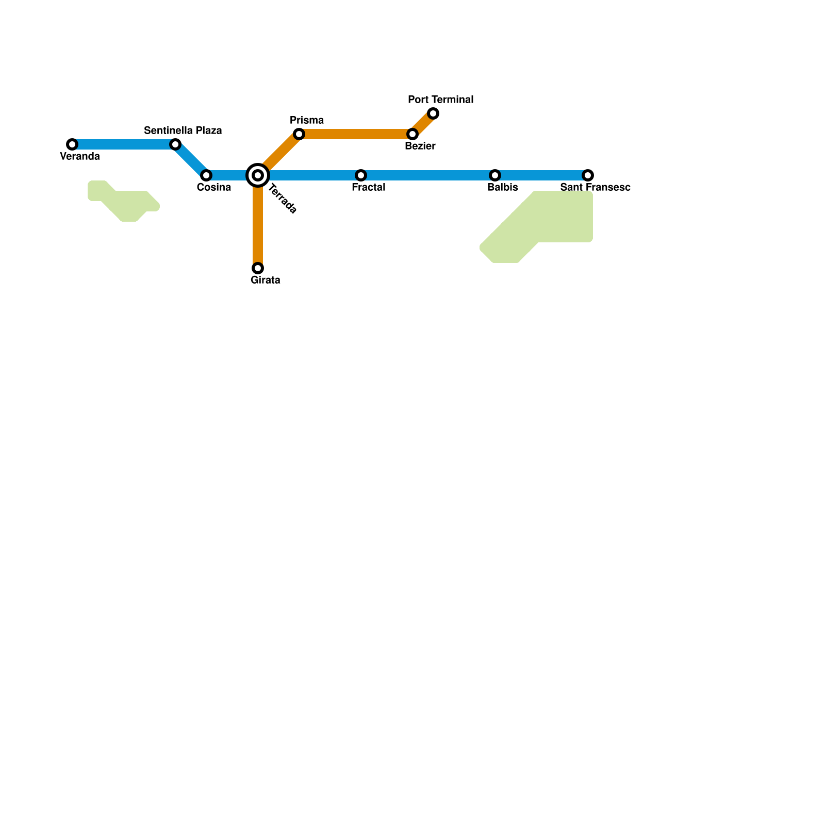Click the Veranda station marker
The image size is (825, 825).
click(72, 144)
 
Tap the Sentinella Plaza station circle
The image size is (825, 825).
click(175, 144)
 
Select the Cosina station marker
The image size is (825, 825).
click(206, 175)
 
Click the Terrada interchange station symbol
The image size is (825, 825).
click(258, 175)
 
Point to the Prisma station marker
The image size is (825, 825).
click(299, 134)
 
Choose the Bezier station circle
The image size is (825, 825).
click(412, 134)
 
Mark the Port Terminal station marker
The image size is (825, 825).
click(433, 113)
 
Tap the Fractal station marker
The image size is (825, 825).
click(361, 175)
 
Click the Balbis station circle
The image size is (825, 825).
click(495, 175)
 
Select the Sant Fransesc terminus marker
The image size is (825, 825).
click(588, 175)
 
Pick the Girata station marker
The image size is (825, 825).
click(258, 268)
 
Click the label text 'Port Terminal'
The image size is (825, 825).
click(440, 100)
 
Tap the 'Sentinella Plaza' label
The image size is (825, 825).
click(183, 130)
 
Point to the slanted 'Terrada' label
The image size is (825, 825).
click(283, 199)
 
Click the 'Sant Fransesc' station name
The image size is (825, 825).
click(595, 187)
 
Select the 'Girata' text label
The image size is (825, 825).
click(265, 280)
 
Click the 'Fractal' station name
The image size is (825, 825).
click(368, 187)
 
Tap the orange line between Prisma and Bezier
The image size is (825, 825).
click(356, 134)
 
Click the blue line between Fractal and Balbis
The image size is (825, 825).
click(428, 175)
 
